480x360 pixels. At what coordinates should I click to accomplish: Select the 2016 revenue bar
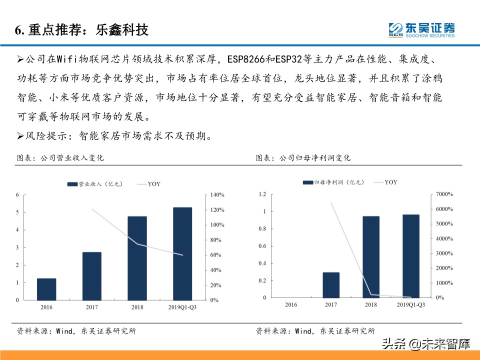pos(46,289)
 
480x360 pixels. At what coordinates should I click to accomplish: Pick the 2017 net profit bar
pos(331,285)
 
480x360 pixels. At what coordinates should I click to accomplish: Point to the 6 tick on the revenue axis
pos(17,194)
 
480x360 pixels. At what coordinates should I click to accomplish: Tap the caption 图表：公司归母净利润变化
pos(303,157)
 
